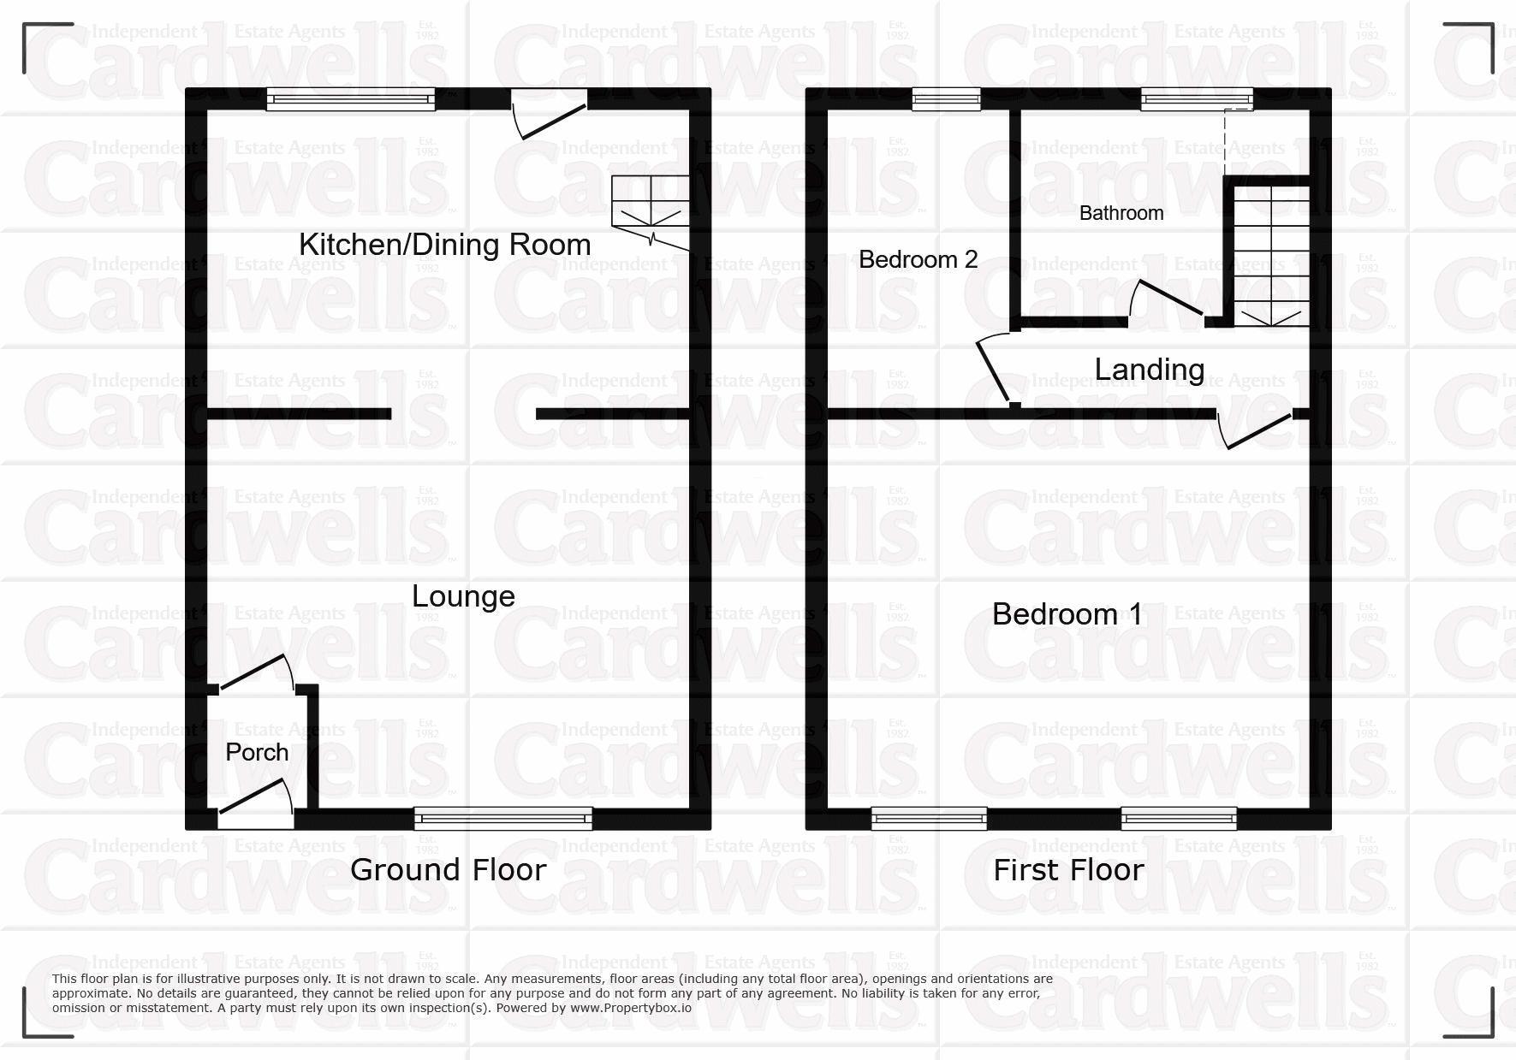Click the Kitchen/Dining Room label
(444, 245)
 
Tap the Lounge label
(463, 596)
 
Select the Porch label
(256, 752)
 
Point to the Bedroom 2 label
(918, 259)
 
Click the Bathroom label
(1121, 213)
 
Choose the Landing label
(1149, 370)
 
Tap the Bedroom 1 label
(1066, 613)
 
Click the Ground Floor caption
(448, 870)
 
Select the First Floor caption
(1067, 870)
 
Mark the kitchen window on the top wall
(350, 100)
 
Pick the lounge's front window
(502, 819)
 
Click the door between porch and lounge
(256, 675)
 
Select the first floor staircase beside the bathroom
(1271, 257)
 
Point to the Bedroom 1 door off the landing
(1257, 430)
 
